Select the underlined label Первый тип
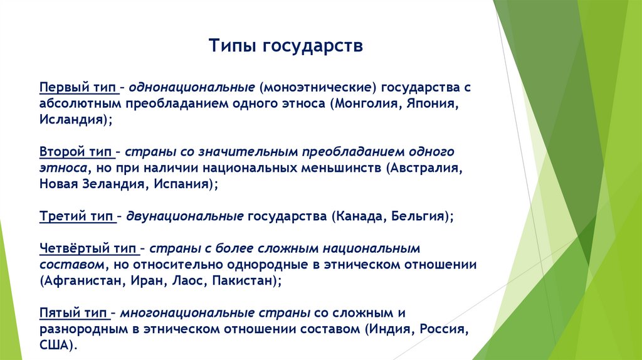click(x=76, y=87)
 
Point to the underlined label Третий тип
click(x=76, y=216)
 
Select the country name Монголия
click(x=363, y=103)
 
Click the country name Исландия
click(x=70, y=119)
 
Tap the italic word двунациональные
click(x=185, y=216)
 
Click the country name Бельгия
click(x=418, y=216)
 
